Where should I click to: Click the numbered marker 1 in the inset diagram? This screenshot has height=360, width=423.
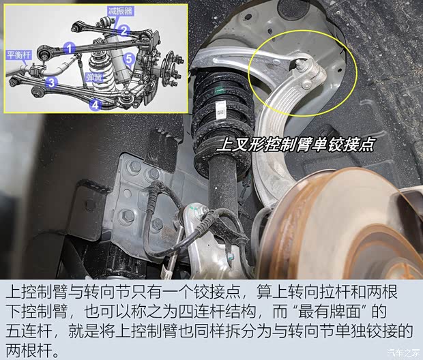click(x=69, y=48)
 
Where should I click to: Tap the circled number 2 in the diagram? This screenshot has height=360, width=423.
click(x=123, y=30)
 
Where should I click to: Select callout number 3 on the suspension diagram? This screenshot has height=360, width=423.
click(x=51, y=82)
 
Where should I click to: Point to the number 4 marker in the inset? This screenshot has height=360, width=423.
click(x=94, y=104)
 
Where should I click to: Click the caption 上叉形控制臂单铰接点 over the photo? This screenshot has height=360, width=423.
click(x=295, y=145)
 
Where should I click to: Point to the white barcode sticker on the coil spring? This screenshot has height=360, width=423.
click(x=221, y=108)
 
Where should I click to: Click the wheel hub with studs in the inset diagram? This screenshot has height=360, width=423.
click(x=168, y=68)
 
